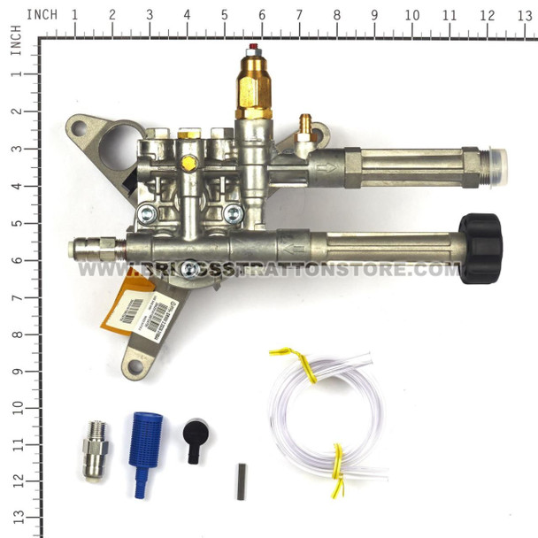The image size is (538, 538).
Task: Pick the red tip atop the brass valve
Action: (x=255, y=50)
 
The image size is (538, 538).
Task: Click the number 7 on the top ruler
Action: (x=299, y=15)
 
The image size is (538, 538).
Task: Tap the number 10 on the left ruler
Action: (x=16, y=407)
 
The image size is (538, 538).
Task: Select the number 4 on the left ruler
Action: (x=16, y=186)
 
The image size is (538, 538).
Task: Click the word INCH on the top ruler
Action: (x=42, y=15)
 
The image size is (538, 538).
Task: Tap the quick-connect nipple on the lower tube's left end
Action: (x=88, y=250)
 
